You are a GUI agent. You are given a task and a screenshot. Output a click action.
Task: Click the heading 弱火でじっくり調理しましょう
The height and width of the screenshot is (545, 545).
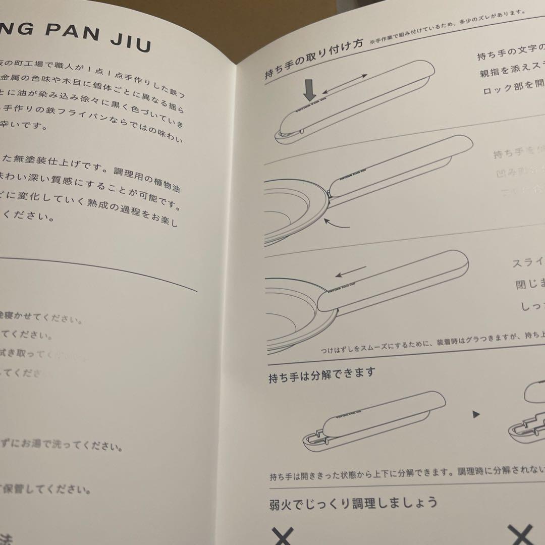click(353, 503)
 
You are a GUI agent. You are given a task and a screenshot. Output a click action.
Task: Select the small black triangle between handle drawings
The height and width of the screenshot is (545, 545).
click(475, 415)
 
